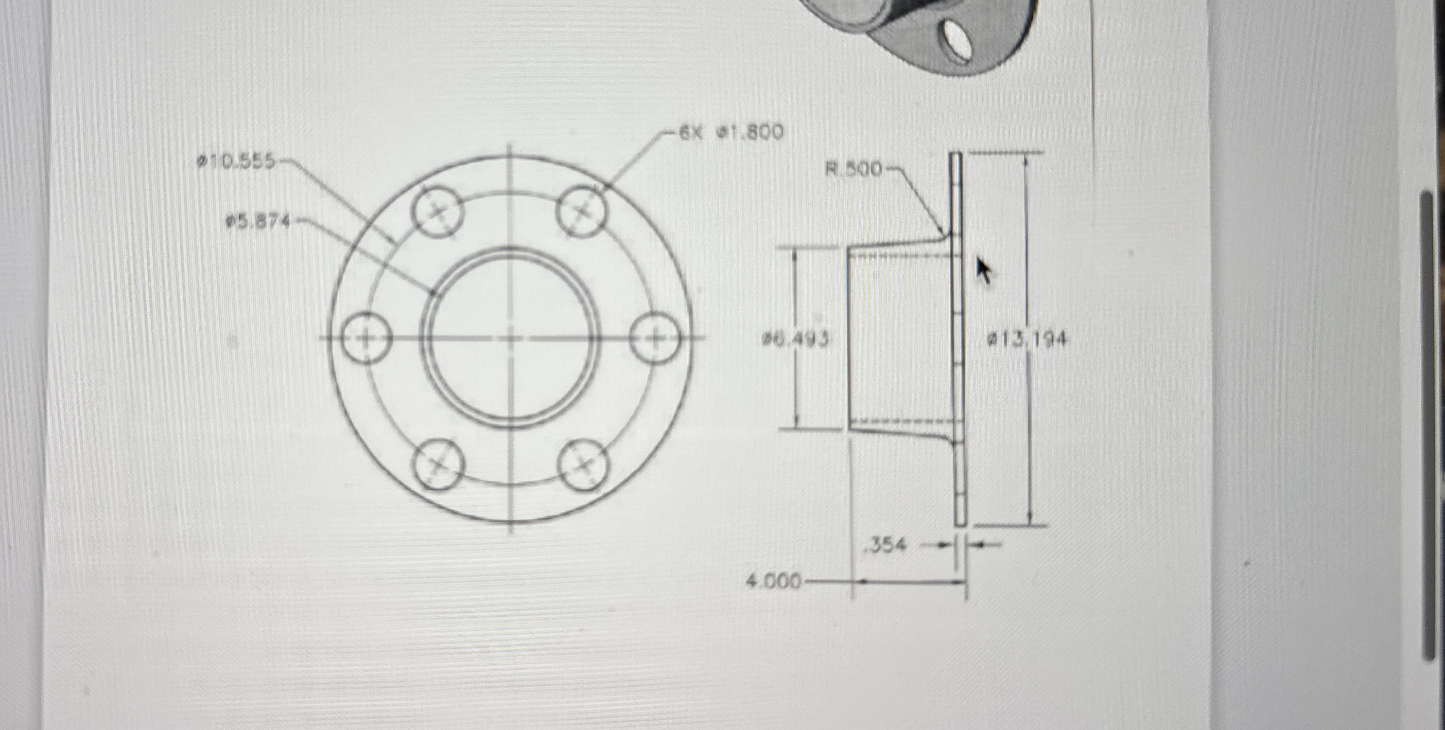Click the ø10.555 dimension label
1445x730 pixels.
click(236, 162)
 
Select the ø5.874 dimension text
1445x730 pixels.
click(258, 223)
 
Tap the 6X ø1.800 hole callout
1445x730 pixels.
click(731, 133)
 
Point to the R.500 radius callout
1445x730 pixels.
click(854, 169)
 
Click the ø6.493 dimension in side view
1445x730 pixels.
click(796, 339)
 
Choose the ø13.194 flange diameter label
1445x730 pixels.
click(1027, 339)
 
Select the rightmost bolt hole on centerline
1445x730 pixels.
click(654, 338)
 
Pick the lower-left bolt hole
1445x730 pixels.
click(439, 464)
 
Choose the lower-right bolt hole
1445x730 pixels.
click(583, 464)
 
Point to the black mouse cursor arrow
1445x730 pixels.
click(983, 271)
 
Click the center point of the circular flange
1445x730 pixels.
click(510, 338)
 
